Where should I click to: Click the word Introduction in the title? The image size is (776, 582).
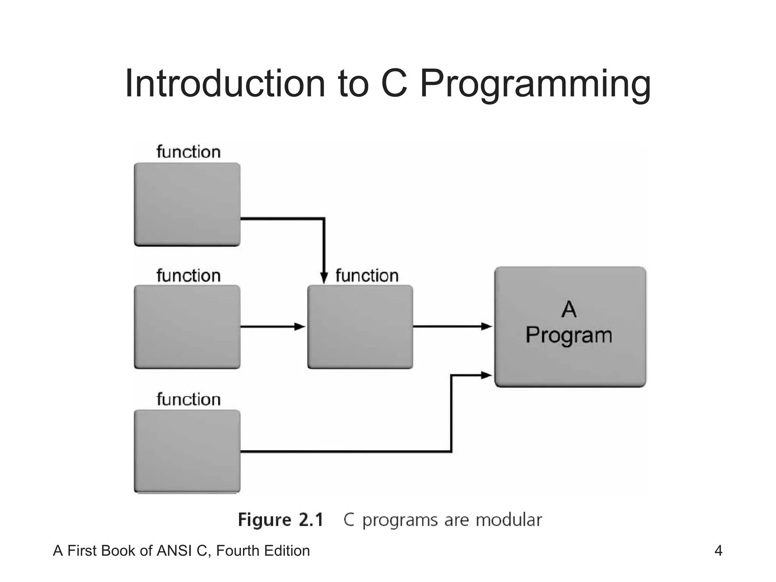225,84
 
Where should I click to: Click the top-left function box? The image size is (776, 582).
187,204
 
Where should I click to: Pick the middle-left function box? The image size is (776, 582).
187,326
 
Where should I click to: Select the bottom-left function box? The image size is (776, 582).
187,451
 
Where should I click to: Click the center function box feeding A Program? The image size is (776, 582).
360,326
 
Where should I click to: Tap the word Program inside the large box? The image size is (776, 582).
569,335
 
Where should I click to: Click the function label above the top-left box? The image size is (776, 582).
188,152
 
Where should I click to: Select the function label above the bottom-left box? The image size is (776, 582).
188,399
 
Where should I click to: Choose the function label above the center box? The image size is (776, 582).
367,275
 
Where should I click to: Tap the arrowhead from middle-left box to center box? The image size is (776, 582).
300,326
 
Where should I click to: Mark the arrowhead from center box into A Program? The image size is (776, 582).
487,326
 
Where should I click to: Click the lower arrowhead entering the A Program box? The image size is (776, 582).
487,375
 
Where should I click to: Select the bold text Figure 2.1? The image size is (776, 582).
280,519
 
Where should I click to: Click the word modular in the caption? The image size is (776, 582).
508,519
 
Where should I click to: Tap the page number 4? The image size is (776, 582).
718,551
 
